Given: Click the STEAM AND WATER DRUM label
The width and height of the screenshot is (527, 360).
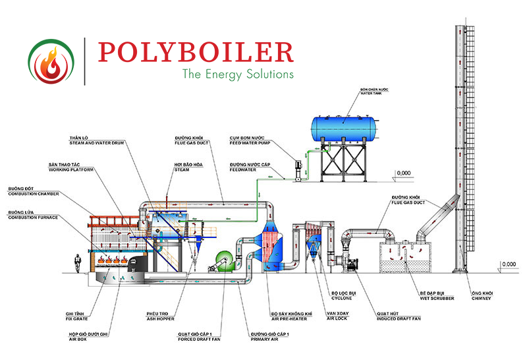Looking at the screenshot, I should [92, 141].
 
